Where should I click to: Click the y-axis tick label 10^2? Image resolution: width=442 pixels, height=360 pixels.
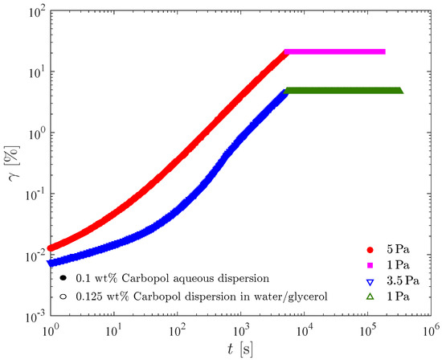click(x=31, y=10)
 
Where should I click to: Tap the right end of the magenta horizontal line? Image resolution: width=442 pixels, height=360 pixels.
click(x=383, y=51)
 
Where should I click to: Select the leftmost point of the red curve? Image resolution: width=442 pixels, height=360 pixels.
click(x=51, y=248)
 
